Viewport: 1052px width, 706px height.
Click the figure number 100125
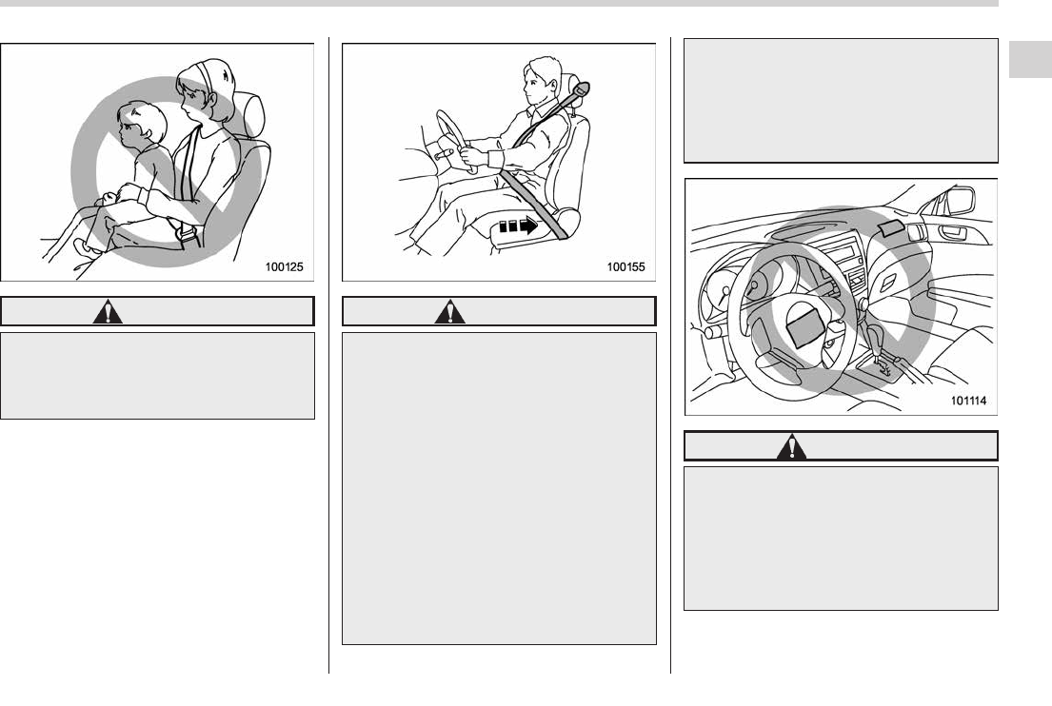point(284,266)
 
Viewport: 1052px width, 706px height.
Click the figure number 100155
point(626,266)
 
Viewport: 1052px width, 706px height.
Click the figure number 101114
point(969,401)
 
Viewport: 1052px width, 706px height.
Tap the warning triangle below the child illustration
point(108,312)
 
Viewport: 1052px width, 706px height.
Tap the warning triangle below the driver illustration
point(449,312)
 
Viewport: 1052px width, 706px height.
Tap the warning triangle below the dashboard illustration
point(792,446)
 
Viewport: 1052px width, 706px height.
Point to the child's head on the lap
point(142,125)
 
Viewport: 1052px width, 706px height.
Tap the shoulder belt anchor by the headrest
point(582,88)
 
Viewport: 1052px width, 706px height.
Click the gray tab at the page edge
point(1030,60)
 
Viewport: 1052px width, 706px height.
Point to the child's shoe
point(85,248)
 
